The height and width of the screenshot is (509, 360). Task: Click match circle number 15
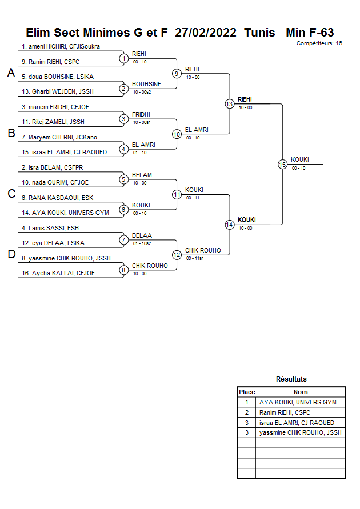click(x=282, y=165)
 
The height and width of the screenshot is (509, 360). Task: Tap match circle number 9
click(x=177, y=74)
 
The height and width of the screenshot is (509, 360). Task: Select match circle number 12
click(x=177, y=255)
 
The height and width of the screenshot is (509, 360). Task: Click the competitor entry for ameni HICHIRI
click(x=61, y=46)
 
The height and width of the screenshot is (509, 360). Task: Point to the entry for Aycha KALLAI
click(x=58, y=273)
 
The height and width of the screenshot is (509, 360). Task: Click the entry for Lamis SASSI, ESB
click(x=50, y=228)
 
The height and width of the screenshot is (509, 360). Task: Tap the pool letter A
click(x=11, y=73)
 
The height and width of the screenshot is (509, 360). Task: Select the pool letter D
click(x=11, y=255)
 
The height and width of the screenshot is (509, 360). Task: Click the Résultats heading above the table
click(x=291, y=379)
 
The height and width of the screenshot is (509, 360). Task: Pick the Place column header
click(x=247, y=392)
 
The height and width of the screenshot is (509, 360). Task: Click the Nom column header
click(x=301, y=392)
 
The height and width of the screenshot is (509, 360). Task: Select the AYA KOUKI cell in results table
click(x=298, y=402)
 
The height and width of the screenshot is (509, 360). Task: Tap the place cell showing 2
click(x=247, y=412)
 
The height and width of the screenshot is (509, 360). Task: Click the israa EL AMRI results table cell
click(x=297, y=423)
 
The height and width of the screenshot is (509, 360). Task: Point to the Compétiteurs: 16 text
click(x=319, y=43)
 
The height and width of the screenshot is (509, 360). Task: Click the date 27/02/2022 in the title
click(x=206, y=33)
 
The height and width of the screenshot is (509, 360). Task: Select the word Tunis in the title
click(x=259, y=33)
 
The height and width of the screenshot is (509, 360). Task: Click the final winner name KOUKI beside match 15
click(x=301, y=159)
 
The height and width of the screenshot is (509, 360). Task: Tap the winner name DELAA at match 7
click(x=142, y=235)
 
